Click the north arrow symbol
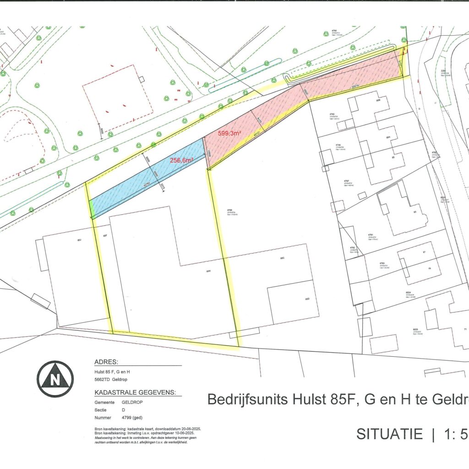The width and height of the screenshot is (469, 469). pos(55,379)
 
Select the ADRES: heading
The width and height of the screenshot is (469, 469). pos(106,361)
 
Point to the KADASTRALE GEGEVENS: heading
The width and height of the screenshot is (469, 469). pos(138,393)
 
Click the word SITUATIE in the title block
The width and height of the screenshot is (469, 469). pos(389,434)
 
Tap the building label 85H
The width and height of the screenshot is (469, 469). pos(208,271)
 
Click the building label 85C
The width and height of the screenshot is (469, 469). pos(283,258)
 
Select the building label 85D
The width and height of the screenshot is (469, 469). pos(308,299)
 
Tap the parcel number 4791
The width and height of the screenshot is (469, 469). pos(370,234)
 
